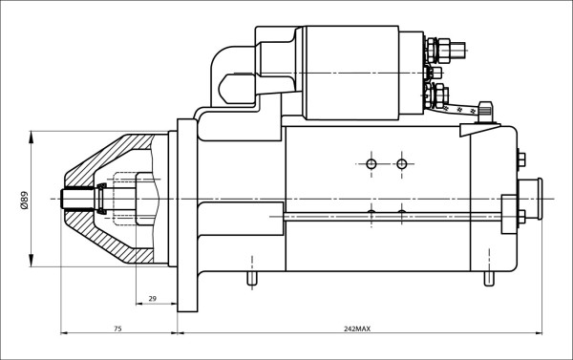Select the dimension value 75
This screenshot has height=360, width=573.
click(117, 328)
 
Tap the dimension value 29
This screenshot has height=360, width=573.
click(153, 299)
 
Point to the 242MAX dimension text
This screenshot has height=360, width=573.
click(356, 328)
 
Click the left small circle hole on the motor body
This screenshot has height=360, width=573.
click(371, 164)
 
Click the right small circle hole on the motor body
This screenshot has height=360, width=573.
click(401, 164)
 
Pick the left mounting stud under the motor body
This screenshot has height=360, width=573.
click(251, 278)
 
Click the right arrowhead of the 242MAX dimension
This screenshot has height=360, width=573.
click(537, 334)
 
